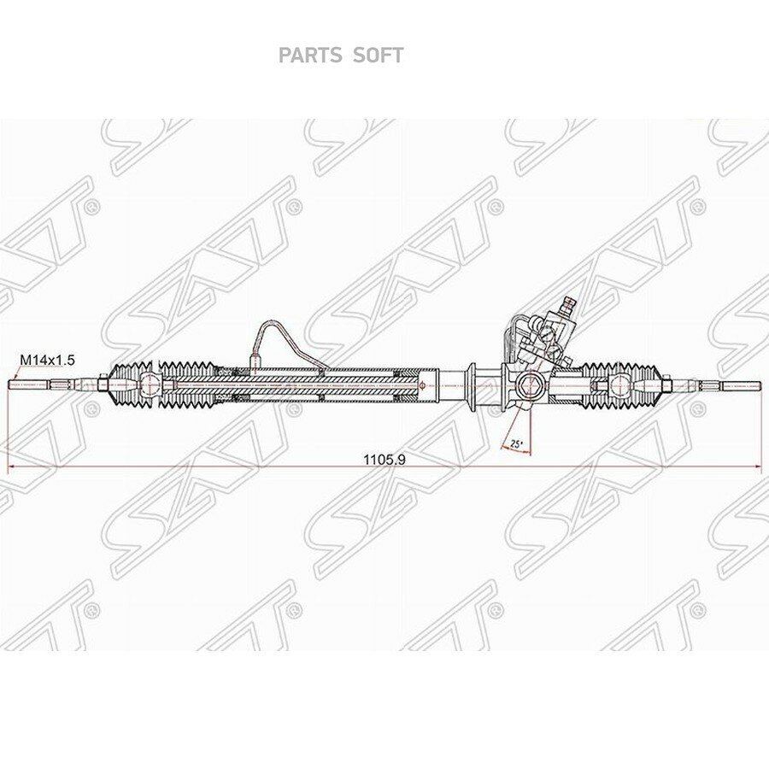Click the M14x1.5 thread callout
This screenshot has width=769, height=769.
pos(47,360)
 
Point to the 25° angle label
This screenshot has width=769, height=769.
pos(516,443)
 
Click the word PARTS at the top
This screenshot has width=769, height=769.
pos(310,56)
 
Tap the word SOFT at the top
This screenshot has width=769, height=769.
pos(378,56)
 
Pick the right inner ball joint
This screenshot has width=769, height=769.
pos(617,384)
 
